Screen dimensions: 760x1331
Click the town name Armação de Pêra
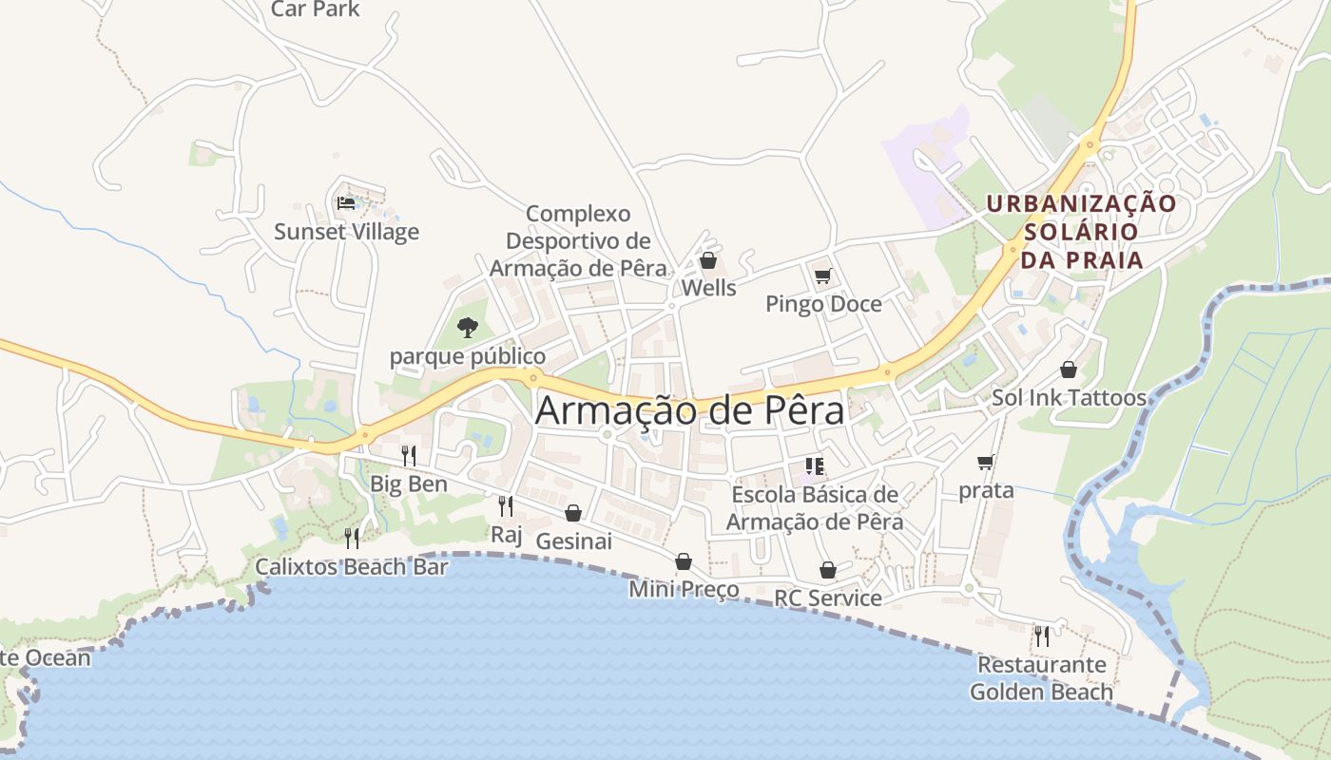689,410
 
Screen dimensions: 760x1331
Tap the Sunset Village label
346,232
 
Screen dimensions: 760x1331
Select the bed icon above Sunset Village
346,202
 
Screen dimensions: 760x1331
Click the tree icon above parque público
467,328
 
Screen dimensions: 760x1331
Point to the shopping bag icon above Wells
708,260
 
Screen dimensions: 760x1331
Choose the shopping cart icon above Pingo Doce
823,276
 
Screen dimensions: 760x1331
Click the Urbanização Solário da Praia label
1081,232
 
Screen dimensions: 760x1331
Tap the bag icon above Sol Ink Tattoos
1069,370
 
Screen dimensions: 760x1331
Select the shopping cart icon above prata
986,463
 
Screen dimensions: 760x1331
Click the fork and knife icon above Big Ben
408,455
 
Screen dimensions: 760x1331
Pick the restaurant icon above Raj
506,505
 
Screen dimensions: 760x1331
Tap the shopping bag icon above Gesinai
573,513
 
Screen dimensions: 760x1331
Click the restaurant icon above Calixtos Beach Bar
352,539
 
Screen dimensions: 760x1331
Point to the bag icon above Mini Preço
684,561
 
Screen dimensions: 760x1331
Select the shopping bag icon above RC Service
828,570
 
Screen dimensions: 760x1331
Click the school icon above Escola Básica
814,465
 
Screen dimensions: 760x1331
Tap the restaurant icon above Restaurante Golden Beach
1042,636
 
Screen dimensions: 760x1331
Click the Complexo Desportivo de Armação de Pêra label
578,241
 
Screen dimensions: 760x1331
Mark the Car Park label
316,9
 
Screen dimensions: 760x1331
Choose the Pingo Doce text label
823,304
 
